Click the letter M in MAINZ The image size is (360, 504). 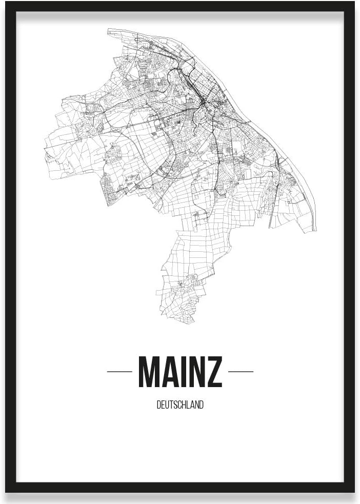[x=150, y=371]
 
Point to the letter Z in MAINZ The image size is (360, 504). [x=215, y=371]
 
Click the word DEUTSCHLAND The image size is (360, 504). [x=180, y=405]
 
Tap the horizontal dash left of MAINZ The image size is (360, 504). [x=119, y=371]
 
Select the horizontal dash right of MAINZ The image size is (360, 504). [x=241, y=371]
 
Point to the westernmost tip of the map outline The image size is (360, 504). [x=45, y=149]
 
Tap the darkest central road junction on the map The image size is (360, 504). [x=204, y=105]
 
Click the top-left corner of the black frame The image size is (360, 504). [x=7, y=3]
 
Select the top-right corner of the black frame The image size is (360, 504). [x=353, y=3]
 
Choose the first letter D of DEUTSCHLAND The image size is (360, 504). [x=158, y=405]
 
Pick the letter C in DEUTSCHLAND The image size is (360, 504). [x=177, y=405]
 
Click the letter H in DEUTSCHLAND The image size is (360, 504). [x=182, y=405]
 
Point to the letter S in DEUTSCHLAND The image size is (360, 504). [x=173, y=405]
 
